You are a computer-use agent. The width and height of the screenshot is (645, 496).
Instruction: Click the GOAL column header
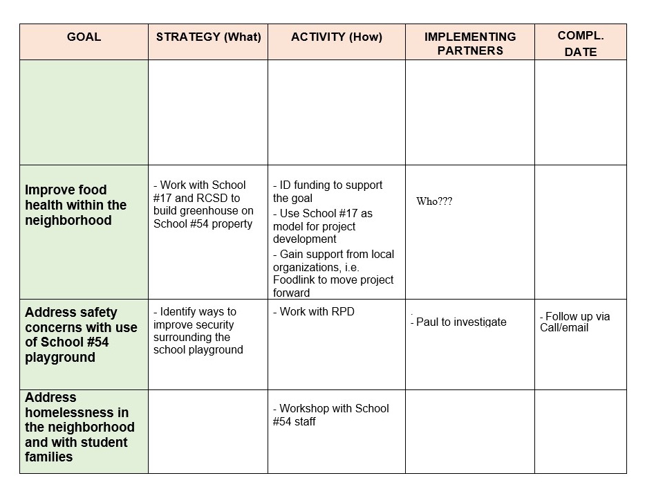click(84, 37)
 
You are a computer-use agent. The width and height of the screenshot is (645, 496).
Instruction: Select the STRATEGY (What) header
click(208, 37)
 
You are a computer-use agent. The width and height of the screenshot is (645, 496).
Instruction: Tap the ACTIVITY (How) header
click(336, 37)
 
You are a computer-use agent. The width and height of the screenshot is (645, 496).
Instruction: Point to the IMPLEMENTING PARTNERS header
click(469, 43)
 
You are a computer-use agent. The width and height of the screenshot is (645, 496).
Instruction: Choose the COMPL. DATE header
click(580, 44)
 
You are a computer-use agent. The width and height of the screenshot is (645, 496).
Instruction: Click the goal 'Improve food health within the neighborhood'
click(76, 205)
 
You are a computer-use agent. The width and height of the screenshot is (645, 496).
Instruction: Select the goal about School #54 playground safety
click(81, 335)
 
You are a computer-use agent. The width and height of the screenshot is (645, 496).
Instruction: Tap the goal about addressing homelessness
click(80, 427)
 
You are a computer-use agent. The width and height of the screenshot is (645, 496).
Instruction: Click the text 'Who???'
click(434, 201)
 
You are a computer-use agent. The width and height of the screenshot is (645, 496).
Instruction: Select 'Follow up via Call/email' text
click(575, 322)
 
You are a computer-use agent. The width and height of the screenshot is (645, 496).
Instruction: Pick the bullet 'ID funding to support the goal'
click(328, 192)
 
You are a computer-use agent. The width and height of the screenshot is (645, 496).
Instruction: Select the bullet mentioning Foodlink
click(333, 273)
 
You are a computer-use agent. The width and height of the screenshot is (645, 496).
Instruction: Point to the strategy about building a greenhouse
click(203, 204)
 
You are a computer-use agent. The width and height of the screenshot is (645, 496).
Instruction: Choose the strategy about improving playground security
click(198, 331)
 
